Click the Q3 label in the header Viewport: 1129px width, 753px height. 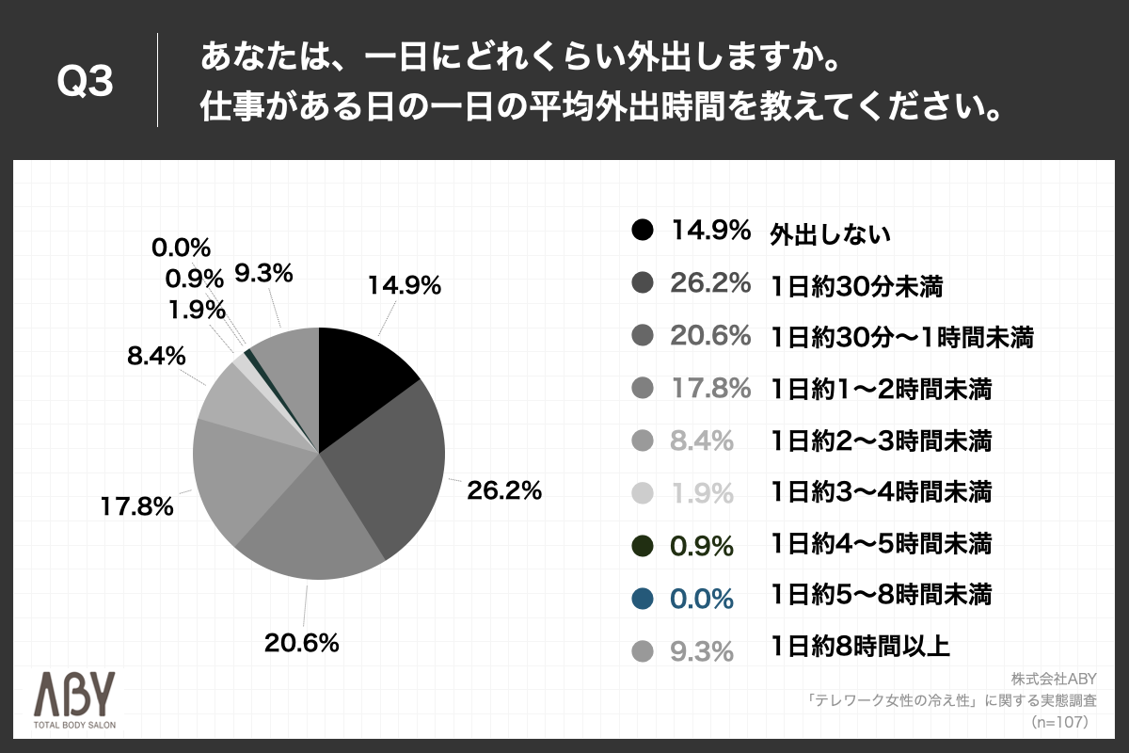coord(86,83)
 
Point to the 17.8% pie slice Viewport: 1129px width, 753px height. coord(240,471)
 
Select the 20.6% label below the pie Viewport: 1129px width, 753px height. coord(301,644)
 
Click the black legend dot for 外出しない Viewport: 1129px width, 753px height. coord(643,232)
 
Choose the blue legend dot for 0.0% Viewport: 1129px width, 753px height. coord(643,597)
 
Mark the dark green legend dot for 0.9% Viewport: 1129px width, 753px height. coord(643,545)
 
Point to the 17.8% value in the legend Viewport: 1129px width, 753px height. coord(710,387)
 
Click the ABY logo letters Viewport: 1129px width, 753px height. coord(74,696)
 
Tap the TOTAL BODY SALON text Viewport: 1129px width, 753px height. coord(76,726)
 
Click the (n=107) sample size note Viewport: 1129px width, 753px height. coord(1059,722)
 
